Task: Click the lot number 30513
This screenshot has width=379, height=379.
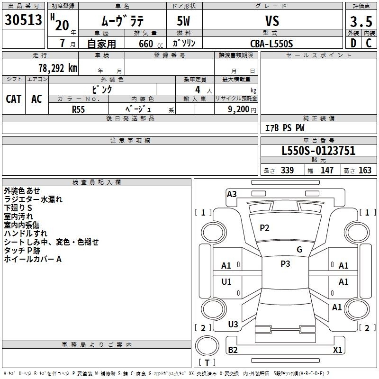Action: (23, 19)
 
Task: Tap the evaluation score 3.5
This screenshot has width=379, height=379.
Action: (361, 21)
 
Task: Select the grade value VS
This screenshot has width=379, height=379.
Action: (272, 21)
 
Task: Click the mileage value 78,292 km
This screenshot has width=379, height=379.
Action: (58, 68)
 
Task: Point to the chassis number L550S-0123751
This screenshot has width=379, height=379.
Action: (318, 151)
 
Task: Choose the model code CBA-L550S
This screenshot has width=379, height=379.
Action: (271, 44)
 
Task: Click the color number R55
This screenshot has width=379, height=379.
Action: (78, 109)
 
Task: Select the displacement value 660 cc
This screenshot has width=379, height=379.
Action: (151, 44)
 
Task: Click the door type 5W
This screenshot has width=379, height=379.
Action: (183, 21)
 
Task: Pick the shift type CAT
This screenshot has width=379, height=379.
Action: (14, 99)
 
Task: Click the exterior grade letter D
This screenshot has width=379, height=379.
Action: (353, 43)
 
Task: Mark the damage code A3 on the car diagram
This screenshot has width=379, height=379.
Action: (232, 194)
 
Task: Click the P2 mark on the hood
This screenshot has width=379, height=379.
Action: (264, 228)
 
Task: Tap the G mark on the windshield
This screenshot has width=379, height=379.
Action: (299, 250)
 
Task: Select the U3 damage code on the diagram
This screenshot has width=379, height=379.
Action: (233, 325)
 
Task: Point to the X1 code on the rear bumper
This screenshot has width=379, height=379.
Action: (337, 350)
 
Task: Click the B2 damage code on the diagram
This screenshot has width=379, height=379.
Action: (233, 350)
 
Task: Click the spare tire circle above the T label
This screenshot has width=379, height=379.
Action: (207, 336)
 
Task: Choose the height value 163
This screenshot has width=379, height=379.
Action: (365, 170)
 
